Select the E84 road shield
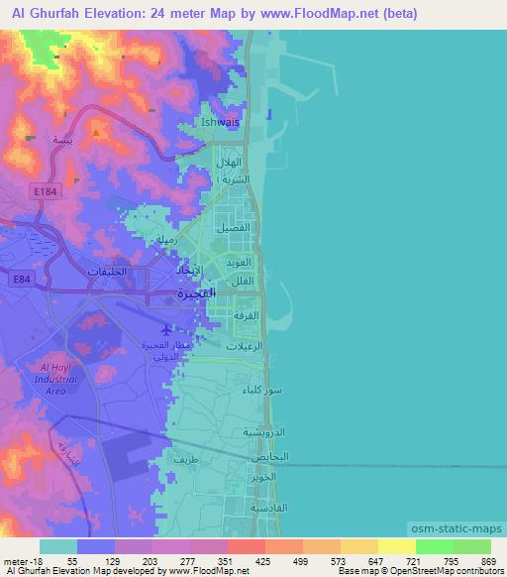[x=23, y=281]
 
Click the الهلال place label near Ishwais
[x=230, y=162]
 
